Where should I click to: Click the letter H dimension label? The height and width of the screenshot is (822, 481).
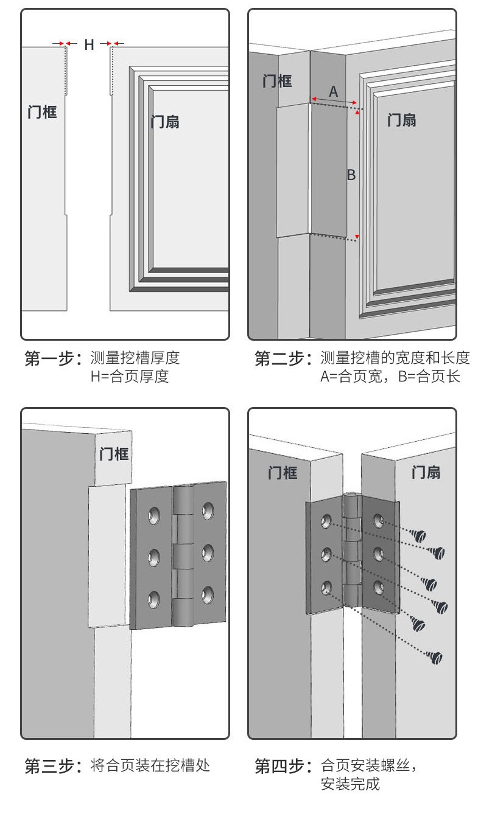[89, 44]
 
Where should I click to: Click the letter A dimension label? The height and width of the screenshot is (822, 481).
[333, 92]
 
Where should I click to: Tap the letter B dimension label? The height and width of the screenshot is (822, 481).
[351, 175]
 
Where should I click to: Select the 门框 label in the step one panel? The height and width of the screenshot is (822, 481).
[42, 111]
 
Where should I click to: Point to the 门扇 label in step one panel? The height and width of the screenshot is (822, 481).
[165, 121]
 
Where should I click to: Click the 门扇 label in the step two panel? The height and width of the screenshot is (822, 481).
[402, 119]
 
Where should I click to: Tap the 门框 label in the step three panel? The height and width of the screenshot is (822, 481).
[114, 453]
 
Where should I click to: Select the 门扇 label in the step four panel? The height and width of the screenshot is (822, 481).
[426, 472]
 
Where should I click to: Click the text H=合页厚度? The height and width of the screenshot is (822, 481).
[129, 377]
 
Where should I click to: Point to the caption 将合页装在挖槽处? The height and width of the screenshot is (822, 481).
[150, 765]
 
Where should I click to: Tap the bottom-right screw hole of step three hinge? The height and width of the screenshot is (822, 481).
[208, 594]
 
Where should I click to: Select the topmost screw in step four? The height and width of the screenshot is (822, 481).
[417, 536]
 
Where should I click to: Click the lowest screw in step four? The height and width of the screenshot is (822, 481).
[435, 657]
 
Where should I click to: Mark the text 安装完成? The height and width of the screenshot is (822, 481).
[350, 784]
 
